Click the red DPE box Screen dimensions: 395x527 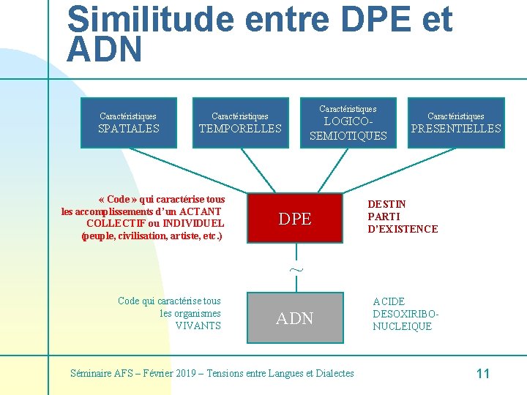click(295, 218)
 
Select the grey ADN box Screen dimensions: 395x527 click(295, 318)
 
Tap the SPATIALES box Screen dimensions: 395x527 click(129, 123)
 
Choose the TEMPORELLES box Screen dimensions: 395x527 click(240, 123)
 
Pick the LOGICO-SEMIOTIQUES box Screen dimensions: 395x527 click(348, 123)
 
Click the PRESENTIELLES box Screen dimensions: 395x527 click(456, 123)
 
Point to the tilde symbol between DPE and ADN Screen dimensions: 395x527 click(295, 269)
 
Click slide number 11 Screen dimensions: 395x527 click(482, 374)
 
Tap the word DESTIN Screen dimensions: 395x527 click(386, 204)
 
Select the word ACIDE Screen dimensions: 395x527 click(388, 301)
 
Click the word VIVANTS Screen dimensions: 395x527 click(198, 326)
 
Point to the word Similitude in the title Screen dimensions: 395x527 click(150, 20)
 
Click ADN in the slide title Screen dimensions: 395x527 click(104, 50)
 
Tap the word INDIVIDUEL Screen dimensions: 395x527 click(193, 224)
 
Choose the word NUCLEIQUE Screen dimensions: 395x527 click(402, 326)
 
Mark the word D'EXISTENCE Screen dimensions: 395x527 click(403, 229)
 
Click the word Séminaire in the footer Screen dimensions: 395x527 click(91, 373)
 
